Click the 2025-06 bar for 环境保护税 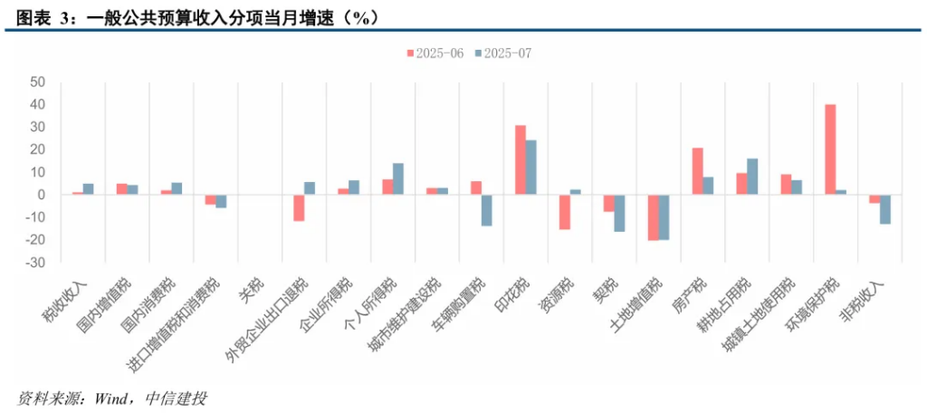click(830, 149)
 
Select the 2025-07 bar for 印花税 click(531, 167)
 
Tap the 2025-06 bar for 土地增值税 click(654, 217)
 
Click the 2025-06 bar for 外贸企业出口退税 click(299, 207)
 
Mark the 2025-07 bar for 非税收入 click(885, 209)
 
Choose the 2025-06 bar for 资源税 click(565, 212)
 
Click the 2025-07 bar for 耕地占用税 click(752, 177)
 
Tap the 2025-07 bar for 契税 click(620, 213)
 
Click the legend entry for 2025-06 click(434, 53)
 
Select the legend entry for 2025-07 click(502, 53)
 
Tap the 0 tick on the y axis click(41, 195)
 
